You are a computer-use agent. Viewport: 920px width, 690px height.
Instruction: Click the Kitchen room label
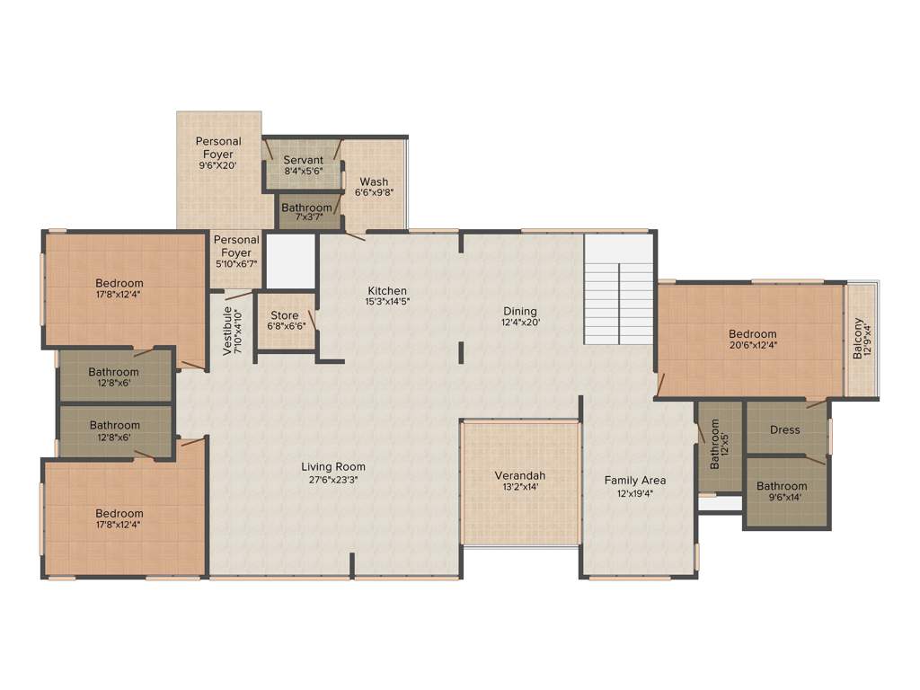(387, 291)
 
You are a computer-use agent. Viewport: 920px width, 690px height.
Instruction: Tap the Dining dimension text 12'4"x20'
(520, 323)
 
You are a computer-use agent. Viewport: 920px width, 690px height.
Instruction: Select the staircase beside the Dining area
(618, 289)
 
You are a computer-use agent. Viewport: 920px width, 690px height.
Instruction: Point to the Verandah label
(520, 475)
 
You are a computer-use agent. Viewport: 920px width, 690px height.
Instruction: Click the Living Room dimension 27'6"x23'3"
(332, 479)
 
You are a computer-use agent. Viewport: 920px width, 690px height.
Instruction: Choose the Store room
(285, 321)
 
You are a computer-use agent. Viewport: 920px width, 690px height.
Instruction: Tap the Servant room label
(303, 161)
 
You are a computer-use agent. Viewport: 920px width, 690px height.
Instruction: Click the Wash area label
(374, 182)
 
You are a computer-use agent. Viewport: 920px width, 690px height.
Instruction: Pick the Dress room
(784, 429)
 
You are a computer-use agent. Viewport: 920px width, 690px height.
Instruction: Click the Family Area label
(634, 481)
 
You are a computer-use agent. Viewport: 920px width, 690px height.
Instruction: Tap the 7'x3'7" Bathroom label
(306, 208)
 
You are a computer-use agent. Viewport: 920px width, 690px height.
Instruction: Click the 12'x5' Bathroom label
(716, 446)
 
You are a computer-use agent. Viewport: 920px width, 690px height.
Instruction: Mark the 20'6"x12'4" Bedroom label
(752, 334)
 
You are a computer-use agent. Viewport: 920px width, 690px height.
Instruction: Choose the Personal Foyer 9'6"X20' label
(218, 142)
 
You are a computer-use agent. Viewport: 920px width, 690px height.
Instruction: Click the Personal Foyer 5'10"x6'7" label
(236, 240)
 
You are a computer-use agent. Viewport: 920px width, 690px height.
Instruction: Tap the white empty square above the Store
(290, 260)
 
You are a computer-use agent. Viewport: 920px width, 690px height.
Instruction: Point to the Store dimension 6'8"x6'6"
(285, 326)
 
